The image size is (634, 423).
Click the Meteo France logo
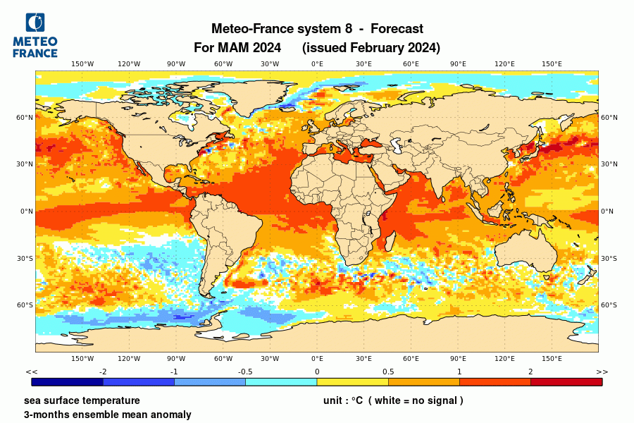35,35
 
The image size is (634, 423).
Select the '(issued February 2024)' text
371,48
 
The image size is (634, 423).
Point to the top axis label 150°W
82,64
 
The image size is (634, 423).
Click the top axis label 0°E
317,64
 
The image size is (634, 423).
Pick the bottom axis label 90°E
458,358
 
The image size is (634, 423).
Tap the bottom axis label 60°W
223,358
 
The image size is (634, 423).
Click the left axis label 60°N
25,118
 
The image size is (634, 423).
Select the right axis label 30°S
609,259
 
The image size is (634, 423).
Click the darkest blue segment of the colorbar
68,381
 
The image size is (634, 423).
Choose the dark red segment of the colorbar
566,381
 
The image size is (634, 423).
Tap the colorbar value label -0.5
245,372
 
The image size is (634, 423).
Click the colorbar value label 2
530,372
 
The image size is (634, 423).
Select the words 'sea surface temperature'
82,400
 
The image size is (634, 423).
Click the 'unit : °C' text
342,400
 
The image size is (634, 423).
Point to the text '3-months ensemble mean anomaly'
107,415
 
